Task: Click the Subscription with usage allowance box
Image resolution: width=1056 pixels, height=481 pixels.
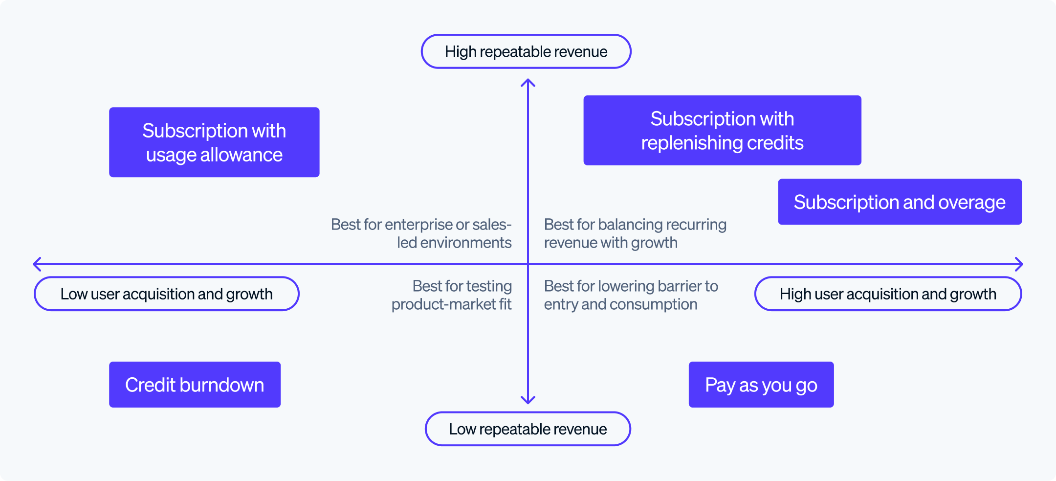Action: click(214, 142)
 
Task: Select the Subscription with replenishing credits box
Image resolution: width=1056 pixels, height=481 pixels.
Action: click(722, 131)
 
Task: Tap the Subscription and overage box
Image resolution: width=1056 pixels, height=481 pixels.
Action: click(900, 202)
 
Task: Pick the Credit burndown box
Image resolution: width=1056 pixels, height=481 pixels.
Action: click(195, 385)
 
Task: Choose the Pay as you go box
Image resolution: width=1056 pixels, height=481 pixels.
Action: click(761, 385)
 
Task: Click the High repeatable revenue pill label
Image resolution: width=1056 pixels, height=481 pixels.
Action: click(526, 51)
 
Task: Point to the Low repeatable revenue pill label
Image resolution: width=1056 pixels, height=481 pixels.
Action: click(528, 429)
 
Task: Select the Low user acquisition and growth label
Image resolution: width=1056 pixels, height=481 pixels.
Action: click(167, 294)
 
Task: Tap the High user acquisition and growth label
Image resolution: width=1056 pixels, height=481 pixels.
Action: click(888, 294)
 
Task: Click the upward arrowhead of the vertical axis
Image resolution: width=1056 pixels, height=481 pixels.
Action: click(528, 82)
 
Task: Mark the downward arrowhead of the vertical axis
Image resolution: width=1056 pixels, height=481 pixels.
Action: click(528, 401)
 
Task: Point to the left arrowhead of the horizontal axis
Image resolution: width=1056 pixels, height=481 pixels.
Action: click(36, 264)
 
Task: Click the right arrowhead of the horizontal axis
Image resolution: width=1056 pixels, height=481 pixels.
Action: click(1020, 264)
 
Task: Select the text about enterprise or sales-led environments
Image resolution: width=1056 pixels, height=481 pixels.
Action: click(421, 233)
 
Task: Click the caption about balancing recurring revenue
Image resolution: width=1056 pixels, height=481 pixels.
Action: click(635, 233)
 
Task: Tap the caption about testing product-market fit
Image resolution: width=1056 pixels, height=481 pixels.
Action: click(452, 295)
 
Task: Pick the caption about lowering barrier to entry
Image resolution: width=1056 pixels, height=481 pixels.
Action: click(631, 295)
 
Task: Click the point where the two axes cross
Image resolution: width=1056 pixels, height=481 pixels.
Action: click(528, 264)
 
